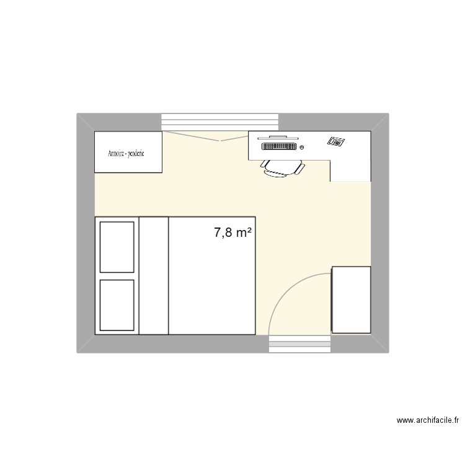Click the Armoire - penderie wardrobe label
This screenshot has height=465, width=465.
tap(126, 153)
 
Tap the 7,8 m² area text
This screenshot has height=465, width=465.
tap(232, 232)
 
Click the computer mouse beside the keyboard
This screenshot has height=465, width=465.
tap(301, 148)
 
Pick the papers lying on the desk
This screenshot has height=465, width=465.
tap(335, 141)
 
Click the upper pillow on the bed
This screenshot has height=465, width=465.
tap(117, 247)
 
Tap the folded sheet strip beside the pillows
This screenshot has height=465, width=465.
tap(154, 276)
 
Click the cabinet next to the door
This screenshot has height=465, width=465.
tap(351, 300)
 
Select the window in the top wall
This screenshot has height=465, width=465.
tap(219, 122)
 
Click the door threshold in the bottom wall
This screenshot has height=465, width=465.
tap(300, 343)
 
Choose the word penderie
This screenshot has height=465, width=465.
tap(135, 153)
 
